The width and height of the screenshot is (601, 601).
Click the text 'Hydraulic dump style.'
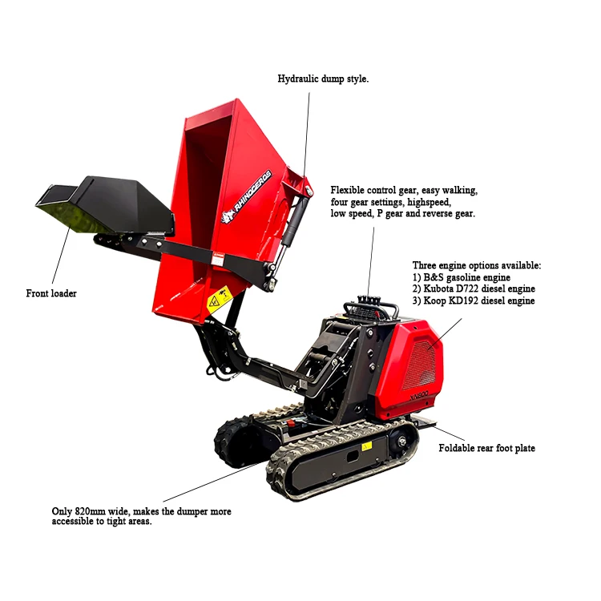(x=323, y=79)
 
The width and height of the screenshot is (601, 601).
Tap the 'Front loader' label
(x=51, y=293)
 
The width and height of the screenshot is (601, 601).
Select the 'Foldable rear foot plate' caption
(x=486, y=448)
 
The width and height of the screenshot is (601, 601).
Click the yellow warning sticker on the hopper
(x=215, y=303)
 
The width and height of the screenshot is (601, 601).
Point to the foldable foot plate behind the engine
(x=422, y=420)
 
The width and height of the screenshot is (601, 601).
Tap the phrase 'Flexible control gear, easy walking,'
(x=404, y=190)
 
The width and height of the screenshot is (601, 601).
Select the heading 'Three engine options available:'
(x=477, y=264)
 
